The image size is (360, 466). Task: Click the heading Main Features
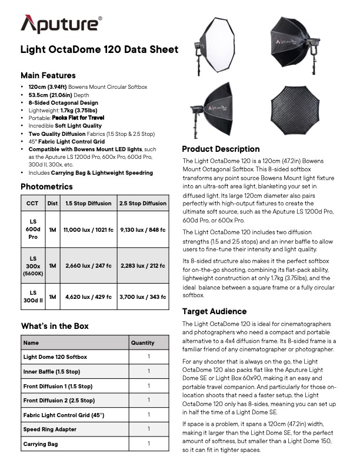pos(48,76)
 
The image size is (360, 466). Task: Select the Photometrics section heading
pos(46,187)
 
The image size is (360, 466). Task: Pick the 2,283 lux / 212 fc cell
pos(142,265)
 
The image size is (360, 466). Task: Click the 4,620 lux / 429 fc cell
pos(87,299)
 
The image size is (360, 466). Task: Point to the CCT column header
pos(32,204)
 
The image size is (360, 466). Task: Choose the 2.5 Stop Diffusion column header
pos(142,204)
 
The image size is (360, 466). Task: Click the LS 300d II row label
pos(32,299)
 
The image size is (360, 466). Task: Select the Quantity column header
pos(142,342)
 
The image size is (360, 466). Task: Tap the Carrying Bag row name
pos(41,444)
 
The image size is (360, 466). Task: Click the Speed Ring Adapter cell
pos(49,430)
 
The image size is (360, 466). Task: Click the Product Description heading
pos(221,149)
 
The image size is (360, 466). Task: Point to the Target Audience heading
pos(214,311)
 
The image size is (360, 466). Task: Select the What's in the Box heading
pos(55,325)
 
